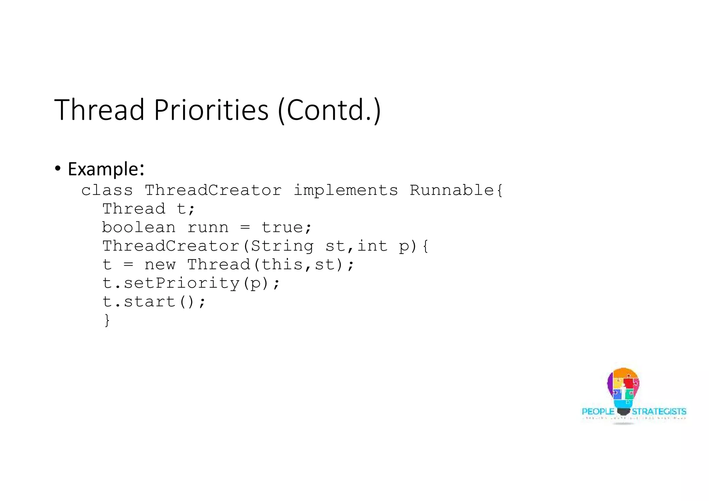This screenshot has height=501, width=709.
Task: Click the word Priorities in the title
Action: pos(211,110)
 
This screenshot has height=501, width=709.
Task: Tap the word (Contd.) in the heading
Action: pos(329,110)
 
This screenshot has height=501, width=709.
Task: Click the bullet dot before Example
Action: pos(57,169)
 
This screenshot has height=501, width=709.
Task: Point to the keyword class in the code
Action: pos(107,191)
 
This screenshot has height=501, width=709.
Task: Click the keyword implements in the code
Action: pos(345,191)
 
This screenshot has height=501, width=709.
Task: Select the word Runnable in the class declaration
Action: pos(452,191)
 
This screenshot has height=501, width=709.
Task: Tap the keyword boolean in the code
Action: pos(138,228)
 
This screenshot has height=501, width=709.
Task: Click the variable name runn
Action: pos(208,228)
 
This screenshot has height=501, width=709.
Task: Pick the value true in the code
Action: pos(282,228)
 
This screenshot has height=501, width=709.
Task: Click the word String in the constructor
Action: pos(282,246)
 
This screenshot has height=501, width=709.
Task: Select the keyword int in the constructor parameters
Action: pos(372,246)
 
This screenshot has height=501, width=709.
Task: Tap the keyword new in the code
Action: pos(160,265)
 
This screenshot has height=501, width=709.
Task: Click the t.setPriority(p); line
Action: pos(191,284)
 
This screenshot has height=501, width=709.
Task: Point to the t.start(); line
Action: pos(154,302)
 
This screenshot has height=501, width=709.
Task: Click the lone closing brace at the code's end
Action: pos(107,320)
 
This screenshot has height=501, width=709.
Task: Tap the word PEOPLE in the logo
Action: pos(598,412)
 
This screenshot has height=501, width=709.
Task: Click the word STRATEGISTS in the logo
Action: pos(659,412)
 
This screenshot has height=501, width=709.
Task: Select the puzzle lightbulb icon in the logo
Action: pos(623,389)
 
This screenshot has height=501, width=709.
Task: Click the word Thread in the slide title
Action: pos(99,110)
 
